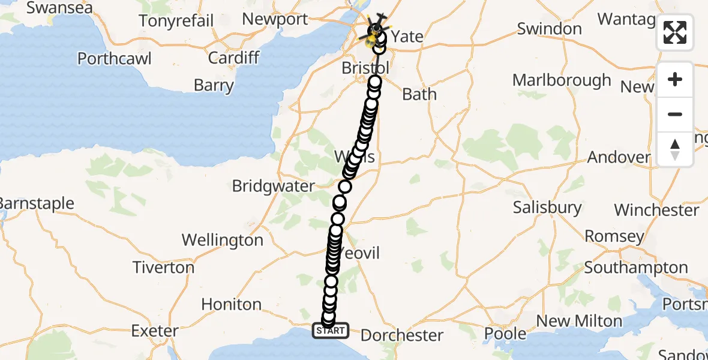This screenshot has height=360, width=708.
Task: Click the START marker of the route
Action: (330, 331)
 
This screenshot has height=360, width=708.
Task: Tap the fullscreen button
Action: (675, 32)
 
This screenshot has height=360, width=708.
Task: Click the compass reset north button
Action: (675, 149)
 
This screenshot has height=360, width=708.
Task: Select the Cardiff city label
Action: (233, 58)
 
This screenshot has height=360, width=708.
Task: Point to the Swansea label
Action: (59, 8)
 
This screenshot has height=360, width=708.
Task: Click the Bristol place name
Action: (365, 68)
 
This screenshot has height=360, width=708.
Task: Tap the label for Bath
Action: (419, 94)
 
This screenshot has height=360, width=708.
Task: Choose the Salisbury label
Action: (547, 208)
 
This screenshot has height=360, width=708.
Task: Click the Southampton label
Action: (636, 267)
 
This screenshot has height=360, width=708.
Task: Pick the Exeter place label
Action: (155, 331)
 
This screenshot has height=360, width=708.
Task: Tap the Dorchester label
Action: (402, 335)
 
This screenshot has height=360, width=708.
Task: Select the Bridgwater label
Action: (273, 186)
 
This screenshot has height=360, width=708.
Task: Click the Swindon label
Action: (549, 28)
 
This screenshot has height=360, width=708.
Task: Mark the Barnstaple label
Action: (36, 203)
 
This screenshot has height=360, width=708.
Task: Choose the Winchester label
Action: (656, 210)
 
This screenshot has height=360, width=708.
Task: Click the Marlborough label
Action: (562, 80)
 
